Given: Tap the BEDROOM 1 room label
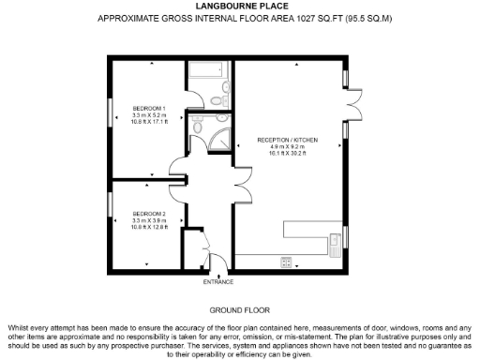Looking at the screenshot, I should coord(148,108).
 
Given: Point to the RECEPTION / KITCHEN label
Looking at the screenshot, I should coord(289,140).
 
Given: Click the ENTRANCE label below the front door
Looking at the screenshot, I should coord(219,281).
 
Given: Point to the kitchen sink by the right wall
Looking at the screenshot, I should coord(335,243).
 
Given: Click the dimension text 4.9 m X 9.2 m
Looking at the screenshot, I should coord(289,147).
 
